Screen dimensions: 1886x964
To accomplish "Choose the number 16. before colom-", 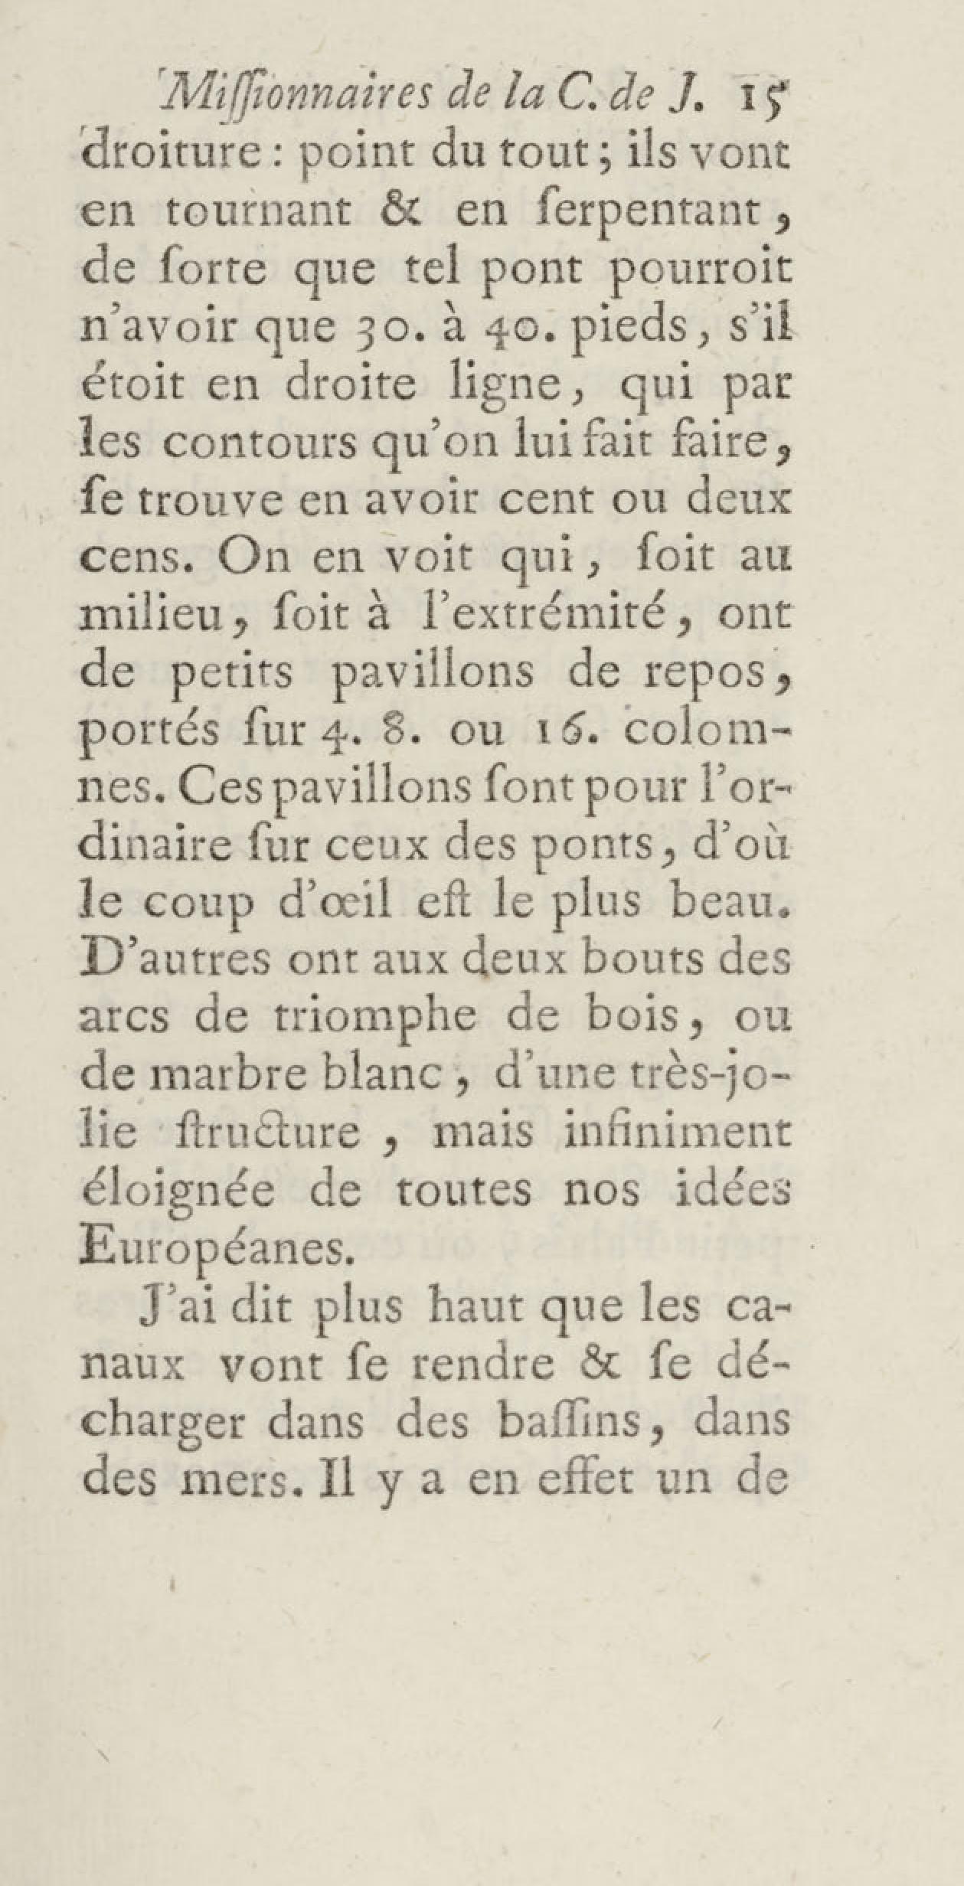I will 562,732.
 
